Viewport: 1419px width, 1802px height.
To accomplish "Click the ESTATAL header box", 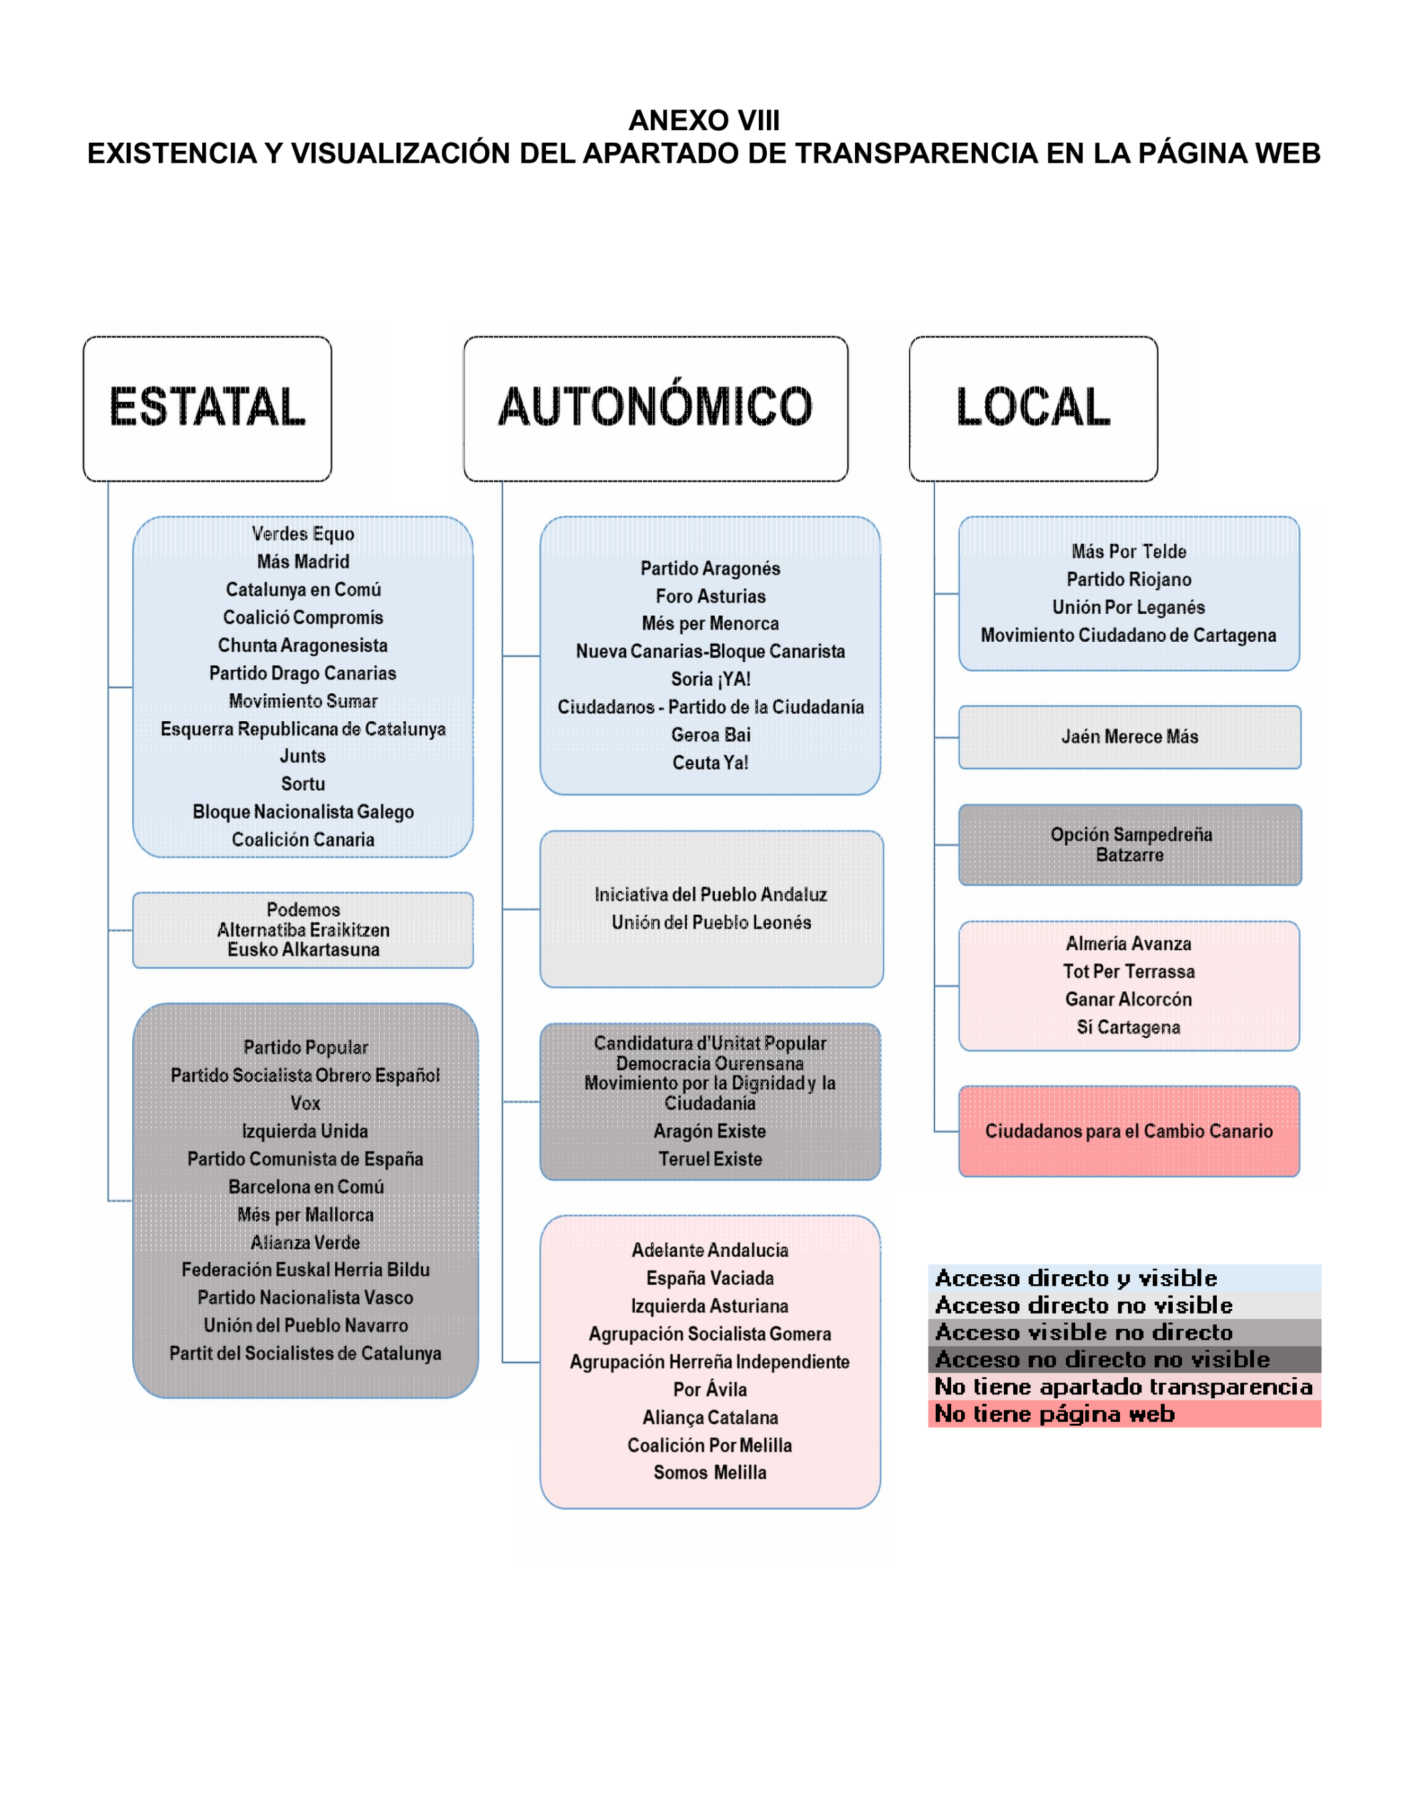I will pyautogui.click(x=207, y=408).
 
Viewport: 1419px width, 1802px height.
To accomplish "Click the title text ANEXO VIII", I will pyautogui.click(x=703, y=120).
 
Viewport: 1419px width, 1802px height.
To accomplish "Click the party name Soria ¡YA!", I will pyautogui.click(x=710, y=679).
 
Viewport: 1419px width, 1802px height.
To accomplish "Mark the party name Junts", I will pyautogui.click(x=302, y=756).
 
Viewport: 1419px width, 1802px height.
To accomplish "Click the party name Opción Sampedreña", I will pyautogui.click(x=1131, y=835).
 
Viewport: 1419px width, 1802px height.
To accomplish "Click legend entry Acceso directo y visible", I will pyautogui.click(x=1076, y=1278).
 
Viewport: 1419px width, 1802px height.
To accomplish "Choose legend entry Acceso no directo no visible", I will pyautogui.click(x=1103, y=1360).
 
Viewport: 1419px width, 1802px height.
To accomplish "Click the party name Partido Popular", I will pyautogui.click(x=305, y=1047).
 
